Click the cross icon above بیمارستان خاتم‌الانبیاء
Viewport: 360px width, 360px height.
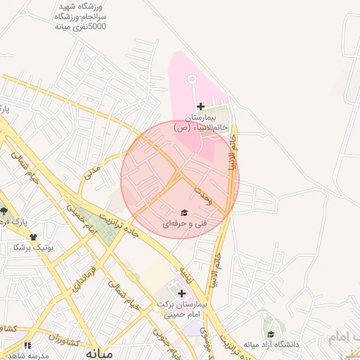click(x=200, y=106)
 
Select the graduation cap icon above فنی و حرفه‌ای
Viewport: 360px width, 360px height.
click(x=184, y=212)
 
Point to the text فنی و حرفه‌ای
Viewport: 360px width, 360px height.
click(x=185, y=224)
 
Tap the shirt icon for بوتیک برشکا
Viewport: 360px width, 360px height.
click(x=32, y=237)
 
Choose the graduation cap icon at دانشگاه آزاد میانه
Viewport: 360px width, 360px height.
click(x=271, y=335)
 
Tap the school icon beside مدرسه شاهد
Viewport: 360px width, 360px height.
click(x=27, y=345)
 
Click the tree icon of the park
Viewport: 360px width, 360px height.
click(x=4, y=211)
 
